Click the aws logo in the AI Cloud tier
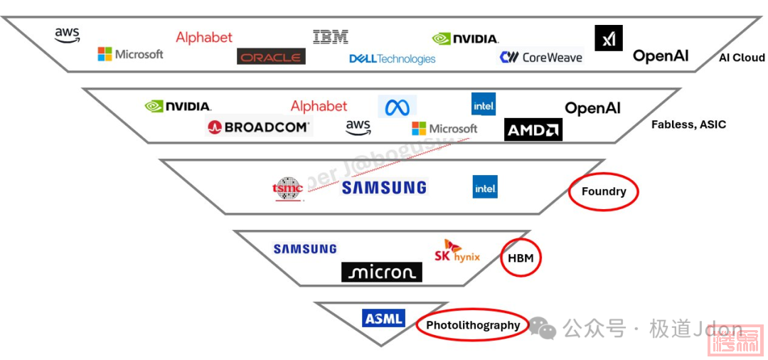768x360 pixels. coord(68,34)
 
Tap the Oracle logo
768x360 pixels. coord(271,57)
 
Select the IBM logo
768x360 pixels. coord(331,36)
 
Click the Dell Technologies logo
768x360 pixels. coord(392,59)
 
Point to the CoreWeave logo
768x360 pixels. coord(541,58)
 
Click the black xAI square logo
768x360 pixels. coord(609,38)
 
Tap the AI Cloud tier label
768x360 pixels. coord(742,58)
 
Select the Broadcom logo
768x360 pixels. coord(259,127)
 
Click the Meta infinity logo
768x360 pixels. coord(398,107)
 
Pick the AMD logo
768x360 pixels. coord(533,129)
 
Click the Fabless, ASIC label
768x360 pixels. coord(688,125)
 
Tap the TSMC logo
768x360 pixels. coord(288,188)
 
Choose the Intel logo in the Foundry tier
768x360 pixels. coord(485,187)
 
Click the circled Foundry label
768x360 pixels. coord(604,191)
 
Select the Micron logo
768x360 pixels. coord(382,272)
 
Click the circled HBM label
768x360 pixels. coord(521,258)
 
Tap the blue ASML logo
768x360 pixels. coord(383,319)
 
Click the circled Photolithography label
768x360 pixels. coord(473,325)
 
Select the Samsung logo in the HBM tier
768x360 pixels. coord(305,249)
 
